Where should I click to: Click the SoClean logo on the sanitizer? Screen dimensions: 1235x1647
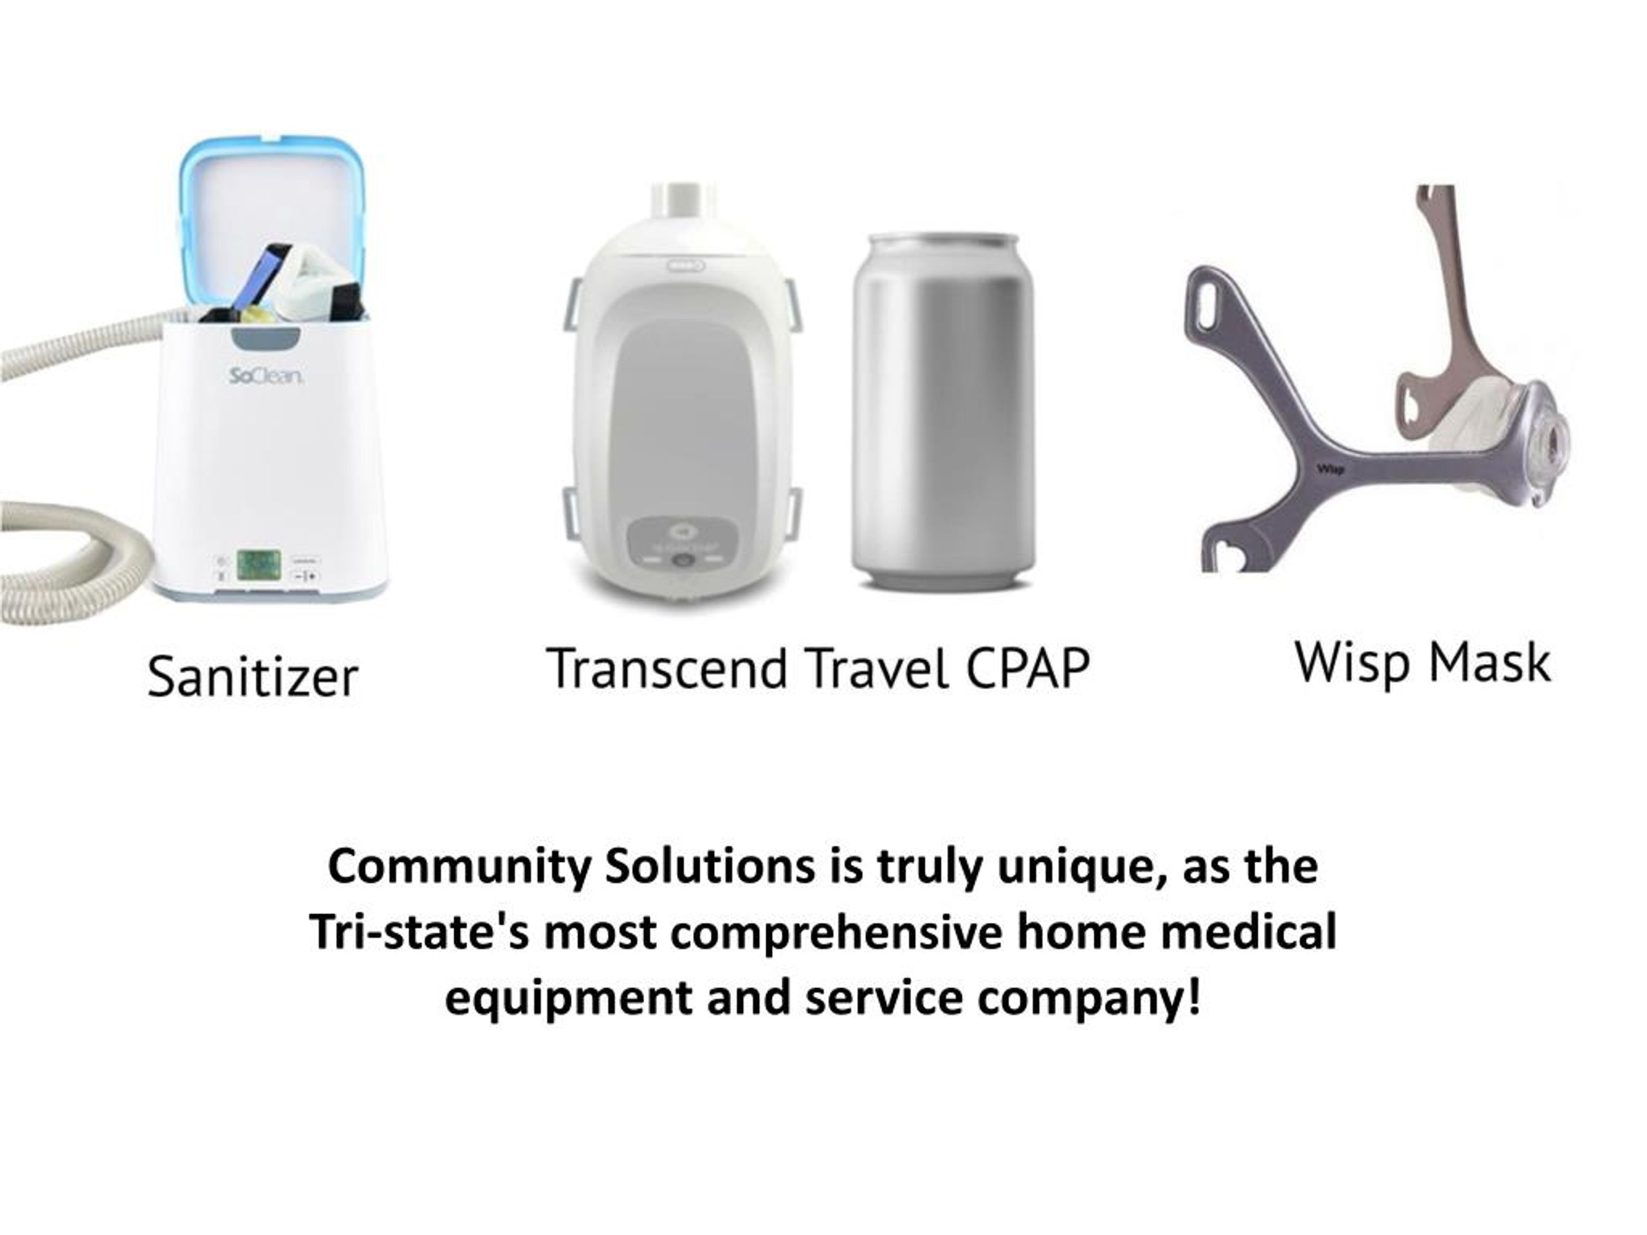[x=265, y=378]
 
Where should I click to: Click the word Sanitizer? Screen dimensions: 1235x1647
[x=253, y=677]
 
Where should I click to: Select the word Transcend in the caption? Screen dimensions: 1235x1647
[x=667, y=668]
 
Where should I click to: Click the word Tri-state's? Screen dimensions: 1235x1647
[x=419, y=931]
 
